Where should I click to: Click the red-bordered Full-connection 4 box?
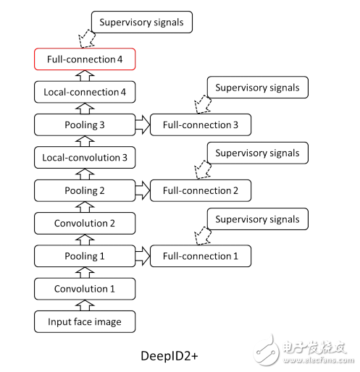[85, 59]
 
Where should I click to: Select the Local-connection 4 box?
[85, 92]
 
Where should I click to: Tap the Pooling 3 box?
[85, 124]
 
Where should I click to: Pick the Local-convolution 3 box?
[85, 158]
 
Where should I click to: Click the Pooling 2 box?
[85, 190]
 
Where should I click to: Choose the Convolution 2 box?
[85, 223]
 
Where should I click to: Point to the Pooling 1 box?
[85, 256]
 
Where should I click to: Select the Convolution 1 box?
[85, 289]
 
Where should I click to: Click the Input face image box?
[85, 321]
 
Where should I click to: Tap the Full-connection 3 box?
[201, 124]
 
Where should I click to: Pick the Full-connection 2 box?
[201, 190]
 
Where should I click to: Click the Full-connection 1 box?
[201, 256]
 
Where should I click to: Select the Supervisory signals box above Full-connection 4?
[142, 22]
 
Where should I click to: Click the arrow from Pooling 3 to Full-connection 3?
[143, 124]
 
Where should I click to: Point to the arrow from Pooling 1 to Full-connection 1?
[143, 256]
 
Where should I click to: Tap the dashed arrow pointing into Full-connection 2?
[203, 169]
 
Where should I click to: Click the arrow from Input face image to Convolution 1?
[85, 305]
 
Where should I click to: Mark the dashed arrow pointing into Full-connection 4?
[87, 38]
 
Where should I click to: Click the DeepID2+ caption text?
[169, 356]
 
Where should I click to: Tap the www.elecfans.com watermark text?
[319, 360]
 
